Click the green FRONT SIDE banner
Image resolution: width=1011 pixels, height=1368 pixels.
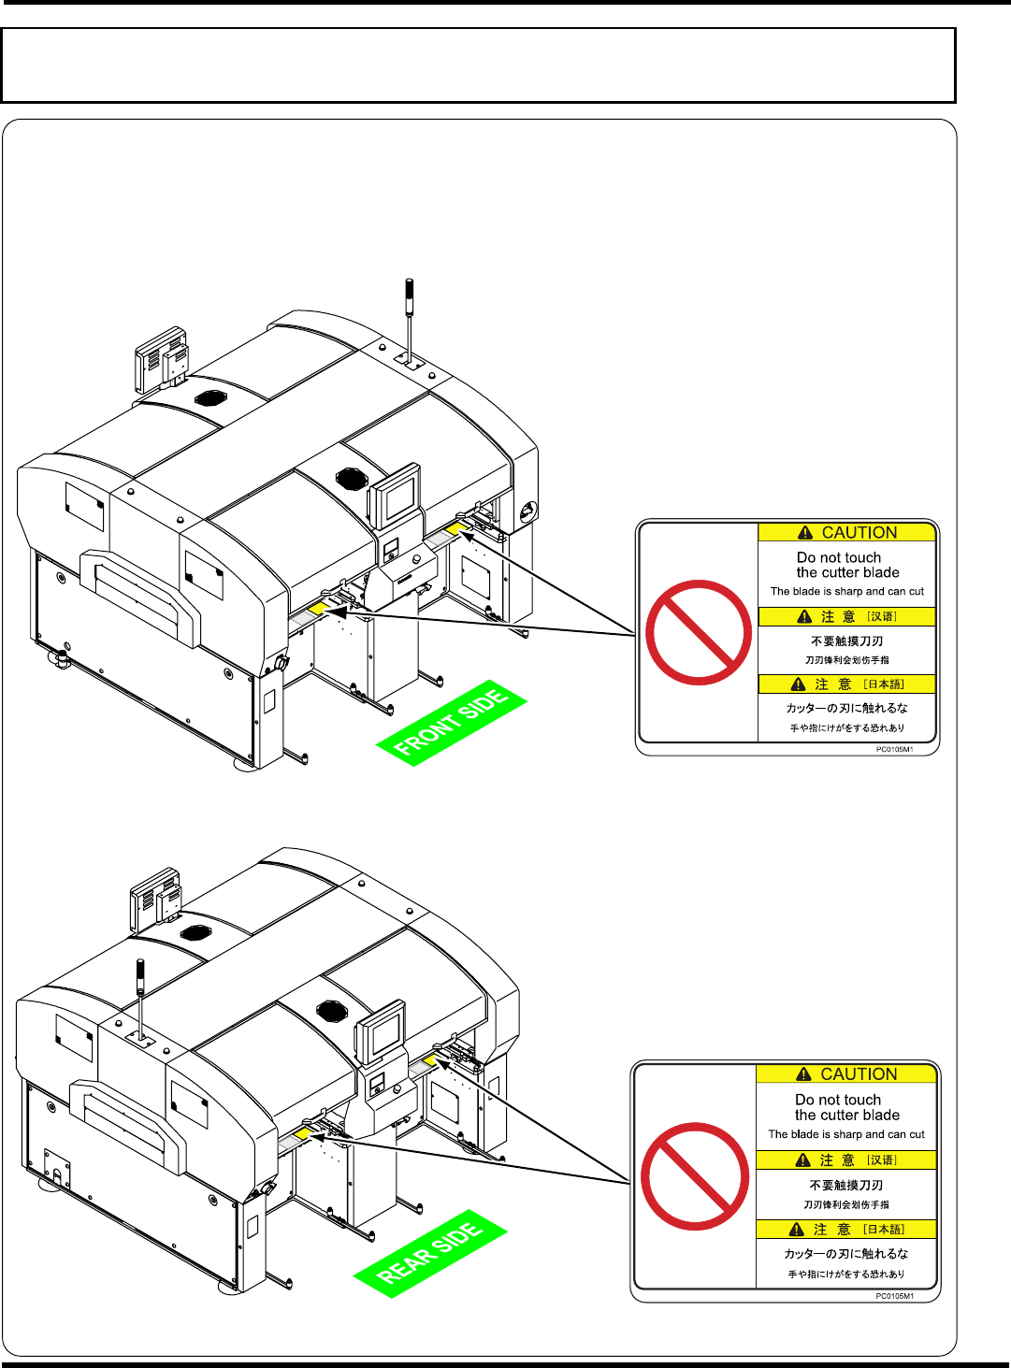[452, 723]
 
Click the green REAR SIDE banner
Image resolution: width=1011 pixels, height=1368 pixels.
[430, 1253]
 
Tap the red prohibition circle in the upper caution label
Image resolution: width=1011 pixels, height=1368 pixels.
[698, 633]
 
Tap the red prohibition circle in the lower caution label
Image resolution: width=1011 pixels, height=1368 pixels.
[695, 1175]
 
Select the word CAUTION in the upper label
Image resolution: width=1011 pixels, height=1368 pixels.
[859, 533]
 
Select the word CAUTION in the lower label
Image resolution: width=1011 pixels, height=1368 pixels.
[858, 1074]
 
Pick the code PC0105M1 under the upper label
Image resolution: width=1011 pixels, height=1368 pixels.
[894, 749]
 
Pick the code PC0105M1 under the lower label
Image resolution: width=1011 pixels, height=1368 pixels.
[894, 1296]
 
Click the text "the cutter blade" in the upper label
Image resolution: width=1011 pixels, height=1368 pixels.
[847, 572]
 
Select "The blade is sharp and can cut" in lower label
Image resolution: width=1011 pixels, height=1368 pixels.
[846, 1134]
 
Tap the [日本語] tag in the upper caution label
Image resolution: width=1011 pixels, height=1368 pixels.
[883, 684]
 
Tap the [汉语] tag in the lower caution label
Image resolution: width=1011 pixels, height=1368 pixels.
[881, 1160]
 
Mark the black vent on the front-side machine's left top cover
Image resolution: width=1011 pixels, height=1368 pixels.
[210, 397]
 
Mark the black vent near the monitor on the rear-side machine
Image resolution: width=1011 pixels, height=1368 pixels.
[332, 1011]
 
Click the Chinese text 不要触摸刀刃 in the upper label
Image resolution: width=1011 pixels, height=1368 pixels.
[846, 641]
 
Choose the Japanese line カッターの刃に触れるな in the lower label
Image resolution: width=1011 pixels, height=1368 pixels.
[845, 1254]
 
